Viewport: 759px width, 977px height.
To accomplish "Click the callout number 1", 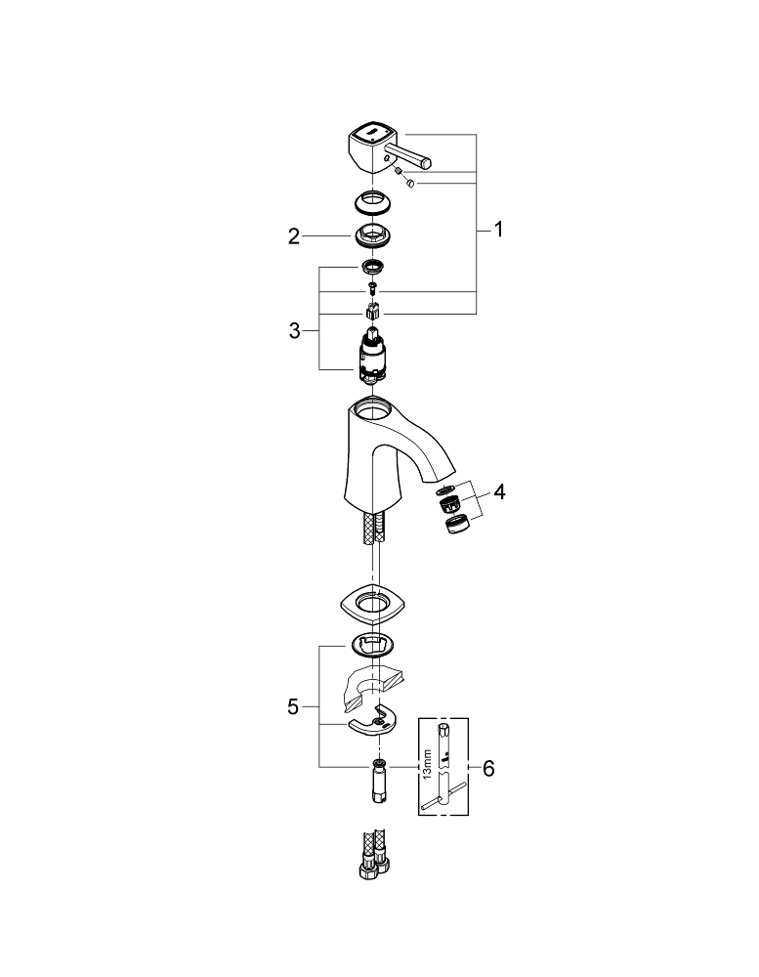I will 498,231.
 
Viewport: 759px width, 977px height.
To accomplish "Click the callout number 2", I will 293,235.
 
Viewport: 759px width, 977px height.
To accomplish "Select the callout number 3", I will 294,331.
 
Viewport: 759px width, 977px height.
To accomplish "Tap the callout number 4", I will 499,492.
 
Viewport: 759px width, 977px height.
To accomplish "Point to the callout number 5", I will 294,705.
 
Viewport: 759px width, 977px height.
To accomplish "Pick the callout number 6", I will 488,769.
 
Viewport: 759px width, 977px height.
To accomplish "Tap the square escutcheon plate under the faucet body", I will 372,607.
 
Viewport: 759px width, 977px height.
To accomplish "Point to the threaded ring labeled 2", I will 372,235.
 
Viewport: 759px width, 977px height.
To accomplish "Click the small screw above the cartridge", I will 372,288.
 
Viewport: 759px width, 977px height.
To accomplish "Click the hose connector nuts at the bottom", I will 372,865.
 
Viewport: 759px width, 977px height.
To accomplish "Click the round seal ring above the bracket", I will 372,643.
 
